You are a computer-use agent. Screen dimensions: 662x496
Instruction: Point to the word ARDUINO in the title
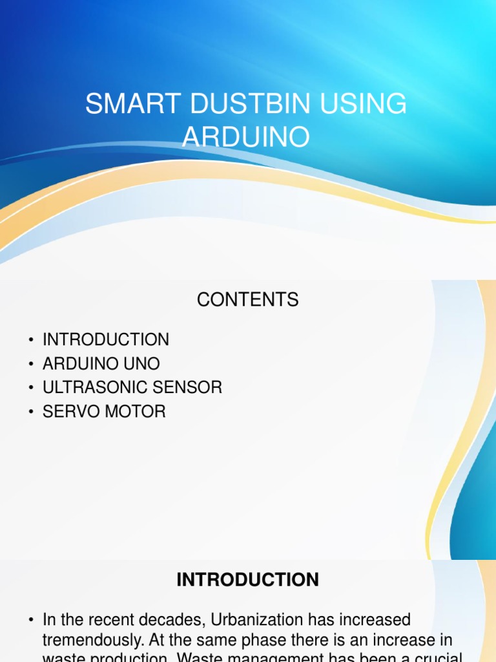coord(246,136)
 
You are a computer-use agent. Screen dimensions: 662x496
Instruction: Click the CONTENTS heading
coord(248,300)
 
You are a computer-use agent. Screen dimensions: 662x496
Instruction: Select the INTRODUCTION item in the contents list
coord(106,339)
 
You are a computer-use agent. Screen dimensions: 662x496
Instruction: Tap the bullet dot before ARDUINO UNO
coord(30,364)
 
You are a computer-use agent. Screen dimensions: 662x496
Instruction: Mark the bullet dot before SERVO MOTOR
coord(30,412)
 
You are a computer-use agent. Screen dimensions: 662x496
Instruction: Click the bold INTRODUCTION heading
coord(248,580)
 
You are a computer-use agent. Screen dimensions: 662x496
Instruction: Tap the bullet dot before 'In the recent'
coord(30,621)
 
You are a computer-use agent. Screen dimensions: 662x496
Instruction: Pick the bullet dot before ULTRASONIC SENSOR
coord(30,388)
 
